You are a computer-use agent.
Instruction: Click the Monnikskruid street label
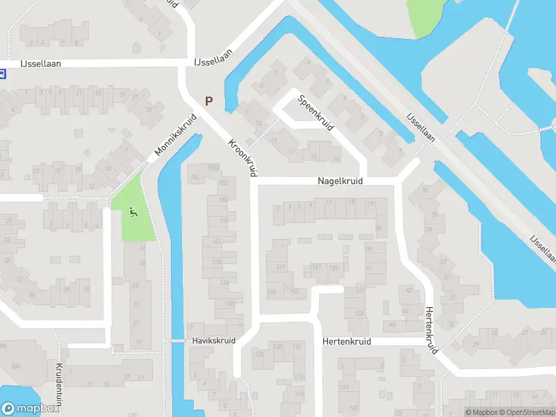pyautogui.click(x=177, y=135)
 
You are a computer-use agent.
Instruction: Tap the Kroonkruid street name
pyautogui.click(x=242, y=157)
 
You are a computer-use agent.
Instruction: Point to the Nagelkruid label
pyautogui.click(x=340, y=181)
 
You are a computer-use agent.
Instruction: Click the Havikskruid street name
pyautogui.click(x=213, y=341)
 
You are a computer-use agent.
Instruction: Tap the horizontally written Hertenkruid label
pyautogui.click(x=347, y=342)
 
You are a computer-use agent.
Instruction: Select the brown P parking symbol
pyautogui.click(x=208, y=101)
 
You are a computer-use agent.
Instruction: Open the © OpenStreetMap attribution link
pyautogui.click(x=526, y=412)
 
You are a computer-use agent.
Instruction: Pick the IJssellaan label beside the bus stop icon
pyautogui.click(x=40, y=63)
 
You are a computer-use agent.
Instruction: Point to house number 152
pyautogui.click(x=224, y=183)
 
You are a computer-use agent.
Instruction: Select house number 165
pyautogui.click(x=271, y=292)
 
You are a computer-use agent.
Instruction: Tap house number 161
pyautogui.click(x=316, y=266)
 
